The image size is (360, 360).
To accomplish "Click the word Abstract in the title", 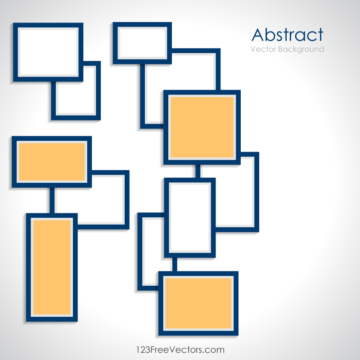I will point(288,35).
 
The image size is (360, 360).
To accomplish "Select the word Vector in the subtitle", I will point(263,49).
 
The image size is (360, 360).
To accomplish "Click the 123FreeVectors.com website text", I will point(180,349).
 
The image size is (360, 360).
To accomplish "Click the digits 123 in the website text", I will point(144,349).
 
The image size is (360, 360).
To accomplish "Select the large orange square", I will point(202,127).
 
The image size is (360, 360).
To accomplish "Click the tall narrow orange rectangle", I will point(52,267).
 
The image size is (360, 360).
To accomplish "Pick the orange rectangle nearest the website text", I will point(198,303).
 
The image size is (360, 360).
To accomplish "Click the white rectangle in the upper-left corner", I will point(48,52).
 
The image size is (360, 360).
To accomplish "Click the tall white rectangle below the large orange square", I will point(189,217).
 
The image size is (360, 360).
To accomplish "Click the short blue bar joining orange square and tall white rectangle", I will point(198,171).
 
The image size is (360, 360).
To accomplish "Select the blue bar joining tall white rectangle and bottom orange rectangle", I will point(174,264).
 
